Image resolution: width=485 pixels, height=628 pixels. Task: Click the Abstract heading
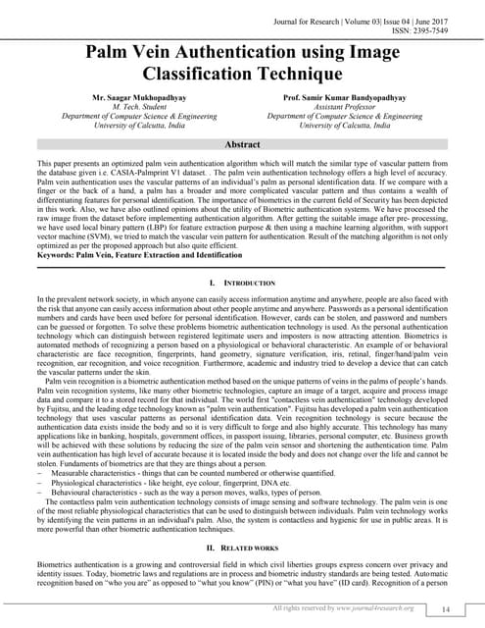[x=241, y=143]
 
